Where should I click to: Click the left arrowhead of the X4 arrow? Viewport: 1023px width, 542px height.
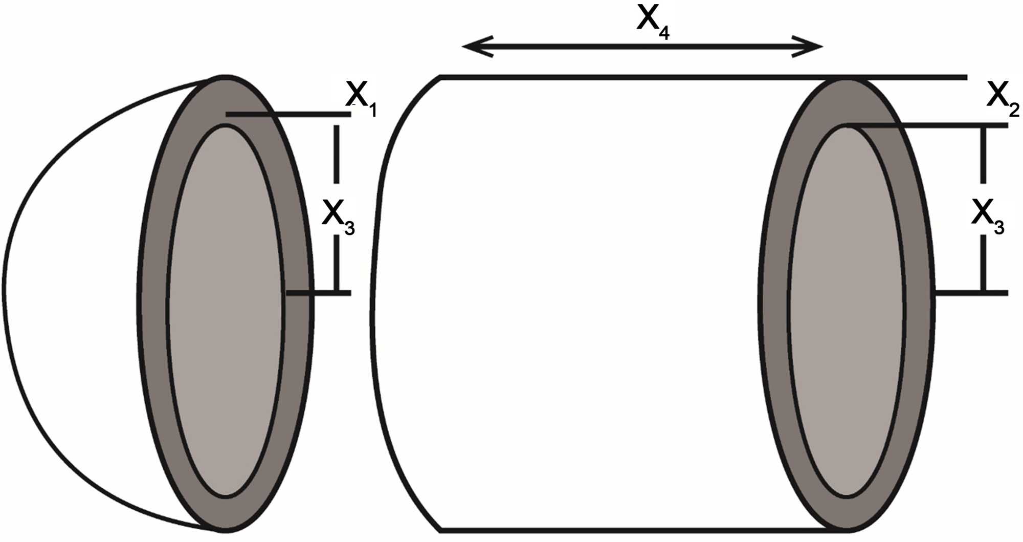click(x=473, y=47)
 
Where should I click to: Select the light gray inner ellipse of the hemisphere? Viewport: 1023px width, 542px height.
click(x=225, y=312)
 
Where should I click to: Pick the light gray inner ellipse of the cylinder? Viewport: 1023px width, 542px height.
click(x=847, y=312)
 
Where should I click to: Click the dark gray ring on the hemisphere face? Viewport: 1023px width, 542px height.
click(x=153, y=307)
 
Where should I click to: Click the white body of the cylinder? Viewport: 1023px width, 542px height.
click(x=563, y=307)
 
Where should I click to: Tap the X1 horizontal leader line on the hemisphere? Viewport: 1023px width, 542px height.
click(x=307, y=114)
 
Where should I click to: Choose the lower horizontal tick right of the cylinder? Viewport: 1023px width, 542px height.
click(x=972, y=293)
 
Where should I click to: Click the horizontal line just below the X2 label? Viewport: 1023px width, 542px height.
click(x=946, y=125)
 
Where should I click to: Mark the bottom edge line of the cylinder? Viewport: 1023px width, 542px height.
click(x=614, y=530)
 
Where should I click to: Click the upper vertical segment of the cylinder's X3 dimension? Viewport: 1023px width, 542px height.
click(x=983, y=154)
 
